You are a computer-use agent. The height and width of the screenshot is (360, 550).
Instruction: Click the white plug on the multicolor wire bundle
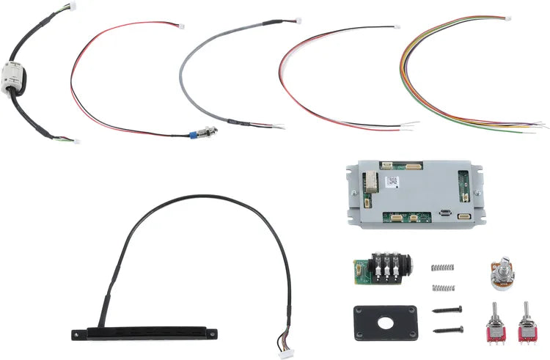pos(507,18)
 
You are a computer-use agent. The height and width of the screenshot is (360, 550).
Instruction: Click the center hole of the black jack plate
pos(385,320)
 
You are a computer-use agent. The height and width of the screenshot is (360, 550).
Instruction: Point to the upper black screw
pos(447,311)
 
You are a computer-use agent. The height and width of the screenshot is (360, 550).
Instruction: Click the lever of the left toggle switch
pos(494,309)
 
